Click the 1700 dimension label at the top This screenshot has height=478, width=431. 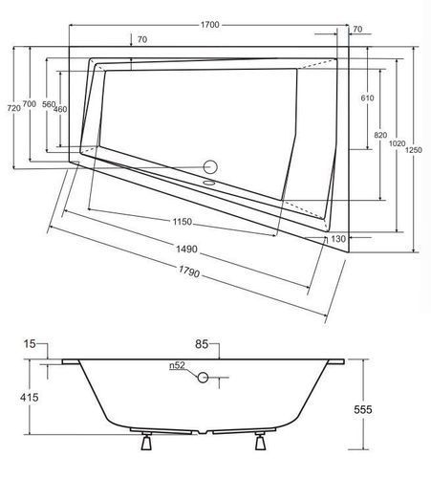(210, 25)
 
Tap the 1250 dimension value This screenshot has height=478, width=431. (413, 150)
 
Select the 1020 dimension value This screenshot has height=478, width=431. (397, 143)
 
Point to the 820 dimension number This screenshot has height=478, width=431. (380, 135)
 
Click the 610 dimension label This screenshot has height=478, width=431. (367, 98)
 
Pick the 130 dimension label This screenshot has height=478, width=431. (338, 239)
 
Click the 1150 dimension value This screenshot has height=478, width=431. (183, 222)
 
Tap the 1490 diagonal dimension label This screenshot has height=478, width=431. (186, 249)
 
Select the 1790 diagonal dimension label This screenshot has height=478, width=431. (189, 272)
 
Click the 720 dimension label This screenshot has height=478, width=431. (13, 108)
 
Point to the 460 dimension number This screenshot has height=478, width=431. (60, 109)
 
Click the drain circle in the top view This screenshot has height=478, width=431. (210, 167)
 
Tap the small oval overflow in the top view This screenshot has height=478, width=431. (209, 184)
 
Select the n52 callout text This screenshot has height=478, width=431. (177, 365)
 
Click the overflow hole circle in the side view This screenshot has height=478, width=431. (203, 378)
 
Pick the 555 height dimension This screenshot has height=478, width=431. (363, 409)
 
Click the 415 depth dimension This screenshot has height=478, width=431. (30, 398)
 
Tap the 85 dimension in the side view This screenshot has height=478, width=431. (202, 344)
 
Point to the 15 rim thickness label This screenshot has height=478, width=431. (30, 344)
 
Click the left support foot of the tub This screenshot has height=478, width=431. (146, 441)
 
